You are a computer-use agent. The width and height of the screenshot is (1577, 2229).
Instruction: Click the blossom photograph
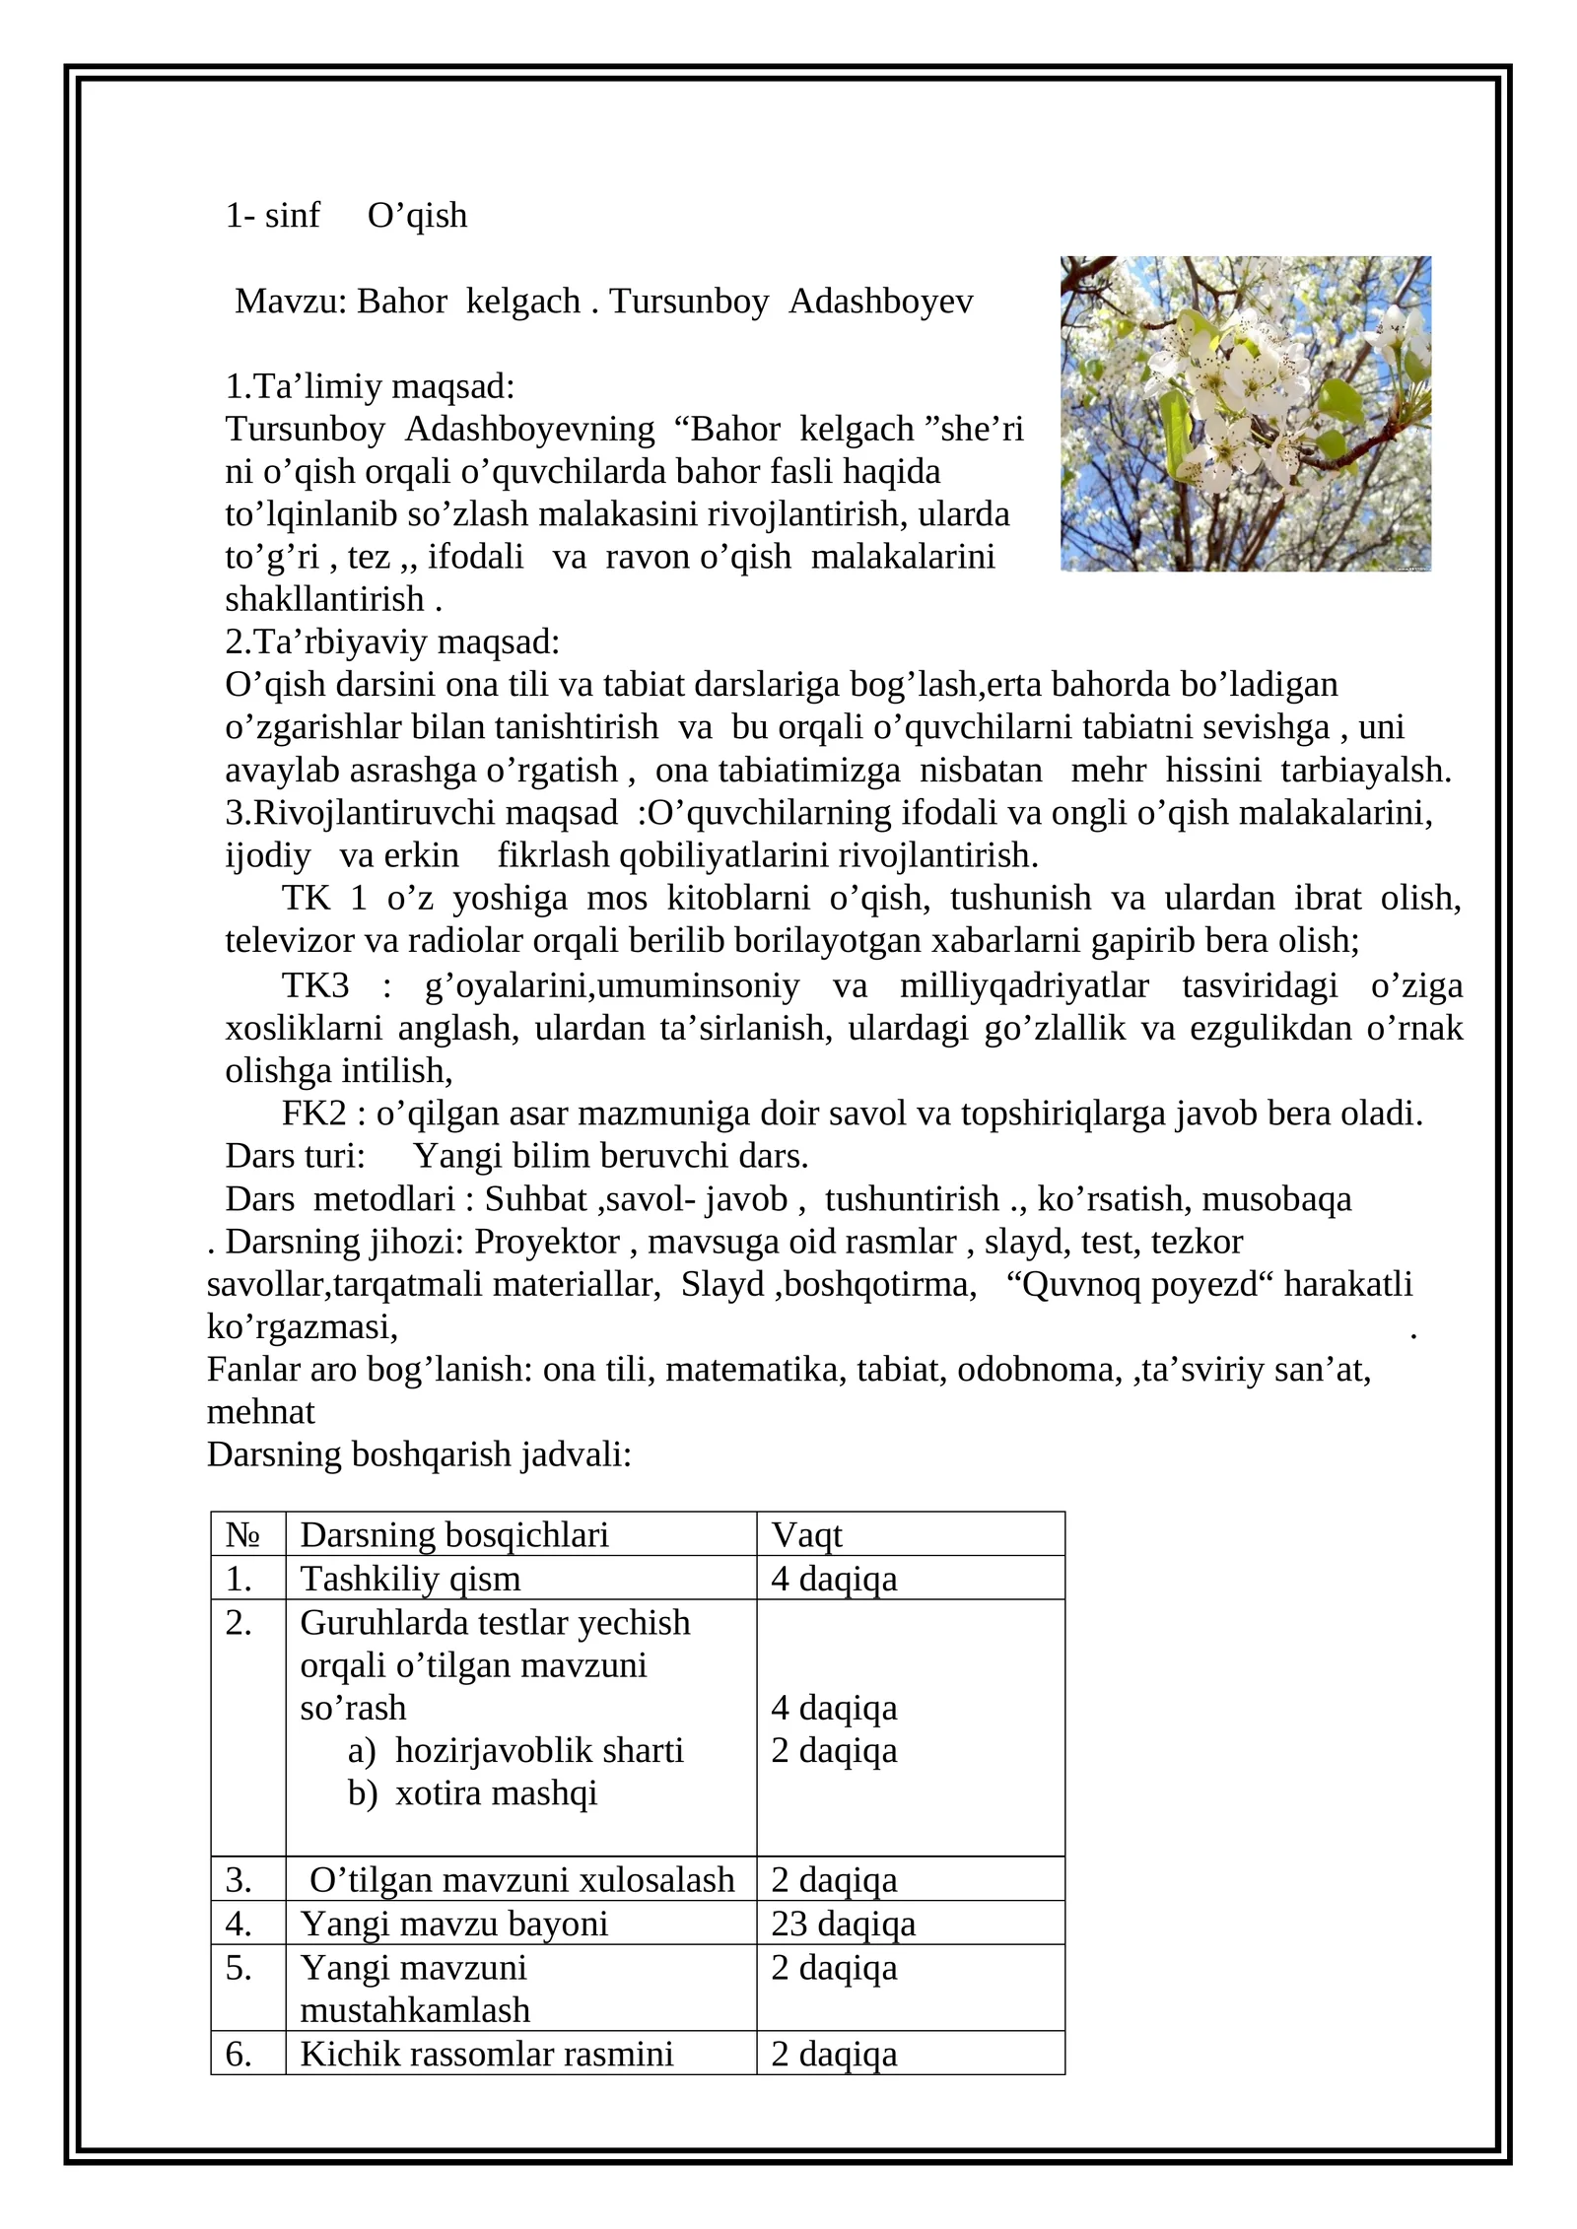[x=1245, y=413]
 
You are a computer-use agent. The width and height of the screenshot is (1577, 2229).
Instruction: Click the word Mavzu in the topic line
[x=291, y=302]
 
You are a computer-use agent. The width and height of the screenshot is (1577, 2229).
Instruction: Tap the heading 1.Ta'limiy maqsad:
[x=370, y=386]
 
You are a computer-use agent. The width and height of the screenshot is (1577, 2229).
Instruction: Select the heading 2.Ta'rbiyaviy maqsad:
[x=392, y=642]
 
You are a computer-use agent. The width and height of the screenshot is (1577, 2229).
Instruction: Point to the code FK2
[x=314, y=1114]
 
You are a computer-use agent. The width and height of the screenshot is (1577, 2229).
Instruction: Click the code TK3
[x=315, y=985]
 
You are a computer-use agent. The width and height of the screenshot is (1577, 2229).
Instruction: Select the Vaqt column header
[x=807, y=1534]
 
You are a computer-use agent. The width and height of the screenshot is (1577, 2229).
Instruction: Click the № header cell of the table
[x=242, y=1534]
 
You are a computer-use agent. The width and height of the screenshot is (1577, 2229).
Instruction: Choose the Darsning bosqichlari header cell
[x=454, y=1534]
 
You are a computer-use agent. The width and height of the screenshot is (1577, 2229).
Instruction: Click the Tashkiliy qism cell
[x=410, y=1579]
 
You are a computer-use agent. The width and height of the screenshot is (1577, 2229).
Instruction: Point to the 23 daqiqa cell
[x=844, y=1923]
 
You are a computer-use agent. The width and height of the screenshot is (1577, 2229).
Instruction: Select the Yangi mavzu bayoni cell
[x=454, y=1923]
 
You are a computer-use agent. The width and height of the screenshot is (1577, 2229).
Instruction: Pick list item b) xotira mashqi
[x=473, y=1792]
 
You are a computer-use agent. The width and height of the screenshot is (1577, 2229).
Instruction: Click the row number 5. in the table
[x=239, y=1967]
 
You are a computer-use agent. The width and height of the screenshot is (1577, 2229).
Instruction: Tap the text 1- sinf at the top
[x=273, y=216]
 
